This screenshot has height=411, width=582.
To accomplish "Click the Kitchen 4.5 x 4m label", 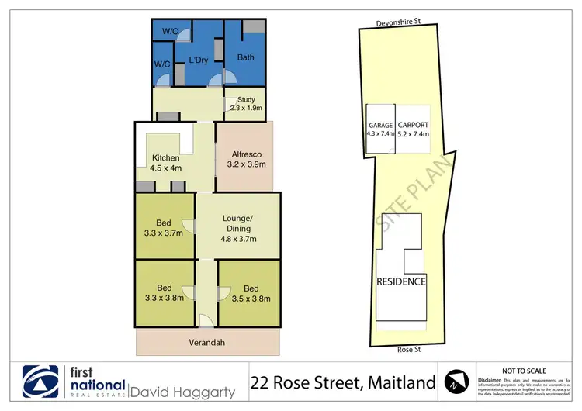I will click(167, 164).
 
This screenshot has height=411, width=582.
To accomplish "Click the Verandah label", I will click(207, 342).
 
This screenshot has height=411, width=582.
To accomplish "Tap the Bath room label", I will click(245, 57).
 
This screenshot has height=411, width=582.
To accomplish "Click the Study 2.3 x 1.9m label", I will click(246, 104).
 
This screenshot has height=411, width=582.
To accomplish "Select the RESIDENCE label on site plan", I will click(401, 281).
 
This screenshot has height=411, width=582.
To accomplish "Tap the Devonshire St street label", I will click(402, 22).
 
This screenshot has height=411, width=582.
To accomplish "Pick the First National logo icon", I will click(41, 382).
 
